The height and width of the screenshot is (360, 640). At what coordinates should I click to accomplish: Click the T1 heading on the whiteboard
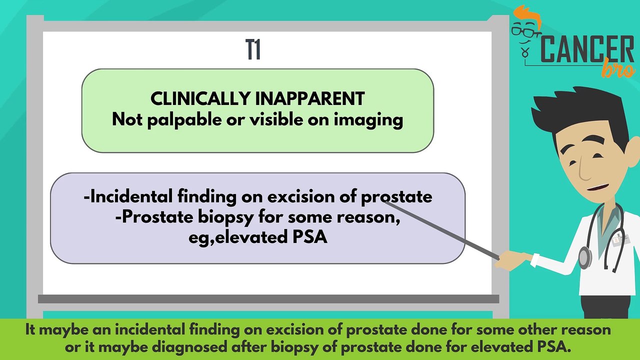253,50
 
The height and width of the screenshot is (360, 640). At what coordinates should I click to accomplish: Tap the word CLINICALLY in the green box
201,98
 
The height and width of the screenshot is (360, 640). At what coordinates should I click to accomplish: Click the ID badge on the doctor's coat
620,239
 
